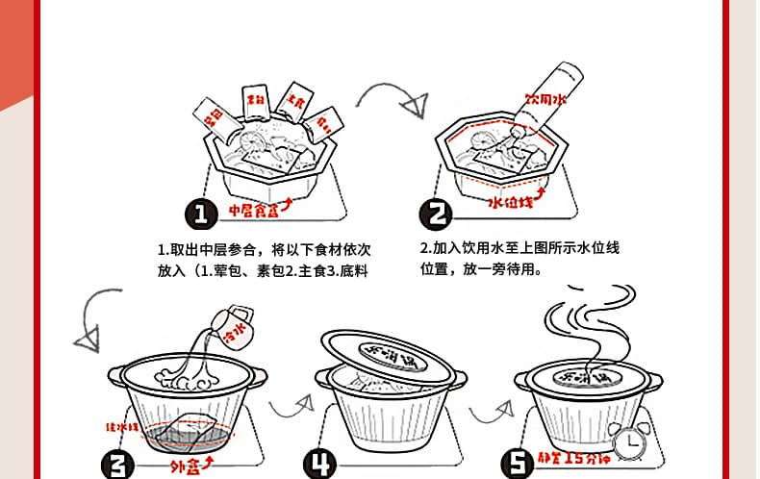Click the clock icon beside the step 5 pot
(629, 441)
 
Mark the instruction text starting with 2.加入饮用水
(519, 259)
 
